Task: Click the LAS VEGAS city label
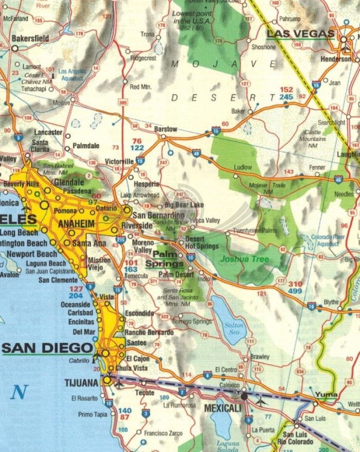[300, 34]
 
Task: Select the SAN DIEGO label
[48, 348]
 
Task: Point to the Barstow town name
[165, 129]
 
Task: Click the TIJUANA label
[82, 383]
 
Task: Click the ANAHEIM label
[77, 223]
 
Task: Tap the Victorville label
[119, 162]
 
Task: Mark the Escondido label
[139, 313]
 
